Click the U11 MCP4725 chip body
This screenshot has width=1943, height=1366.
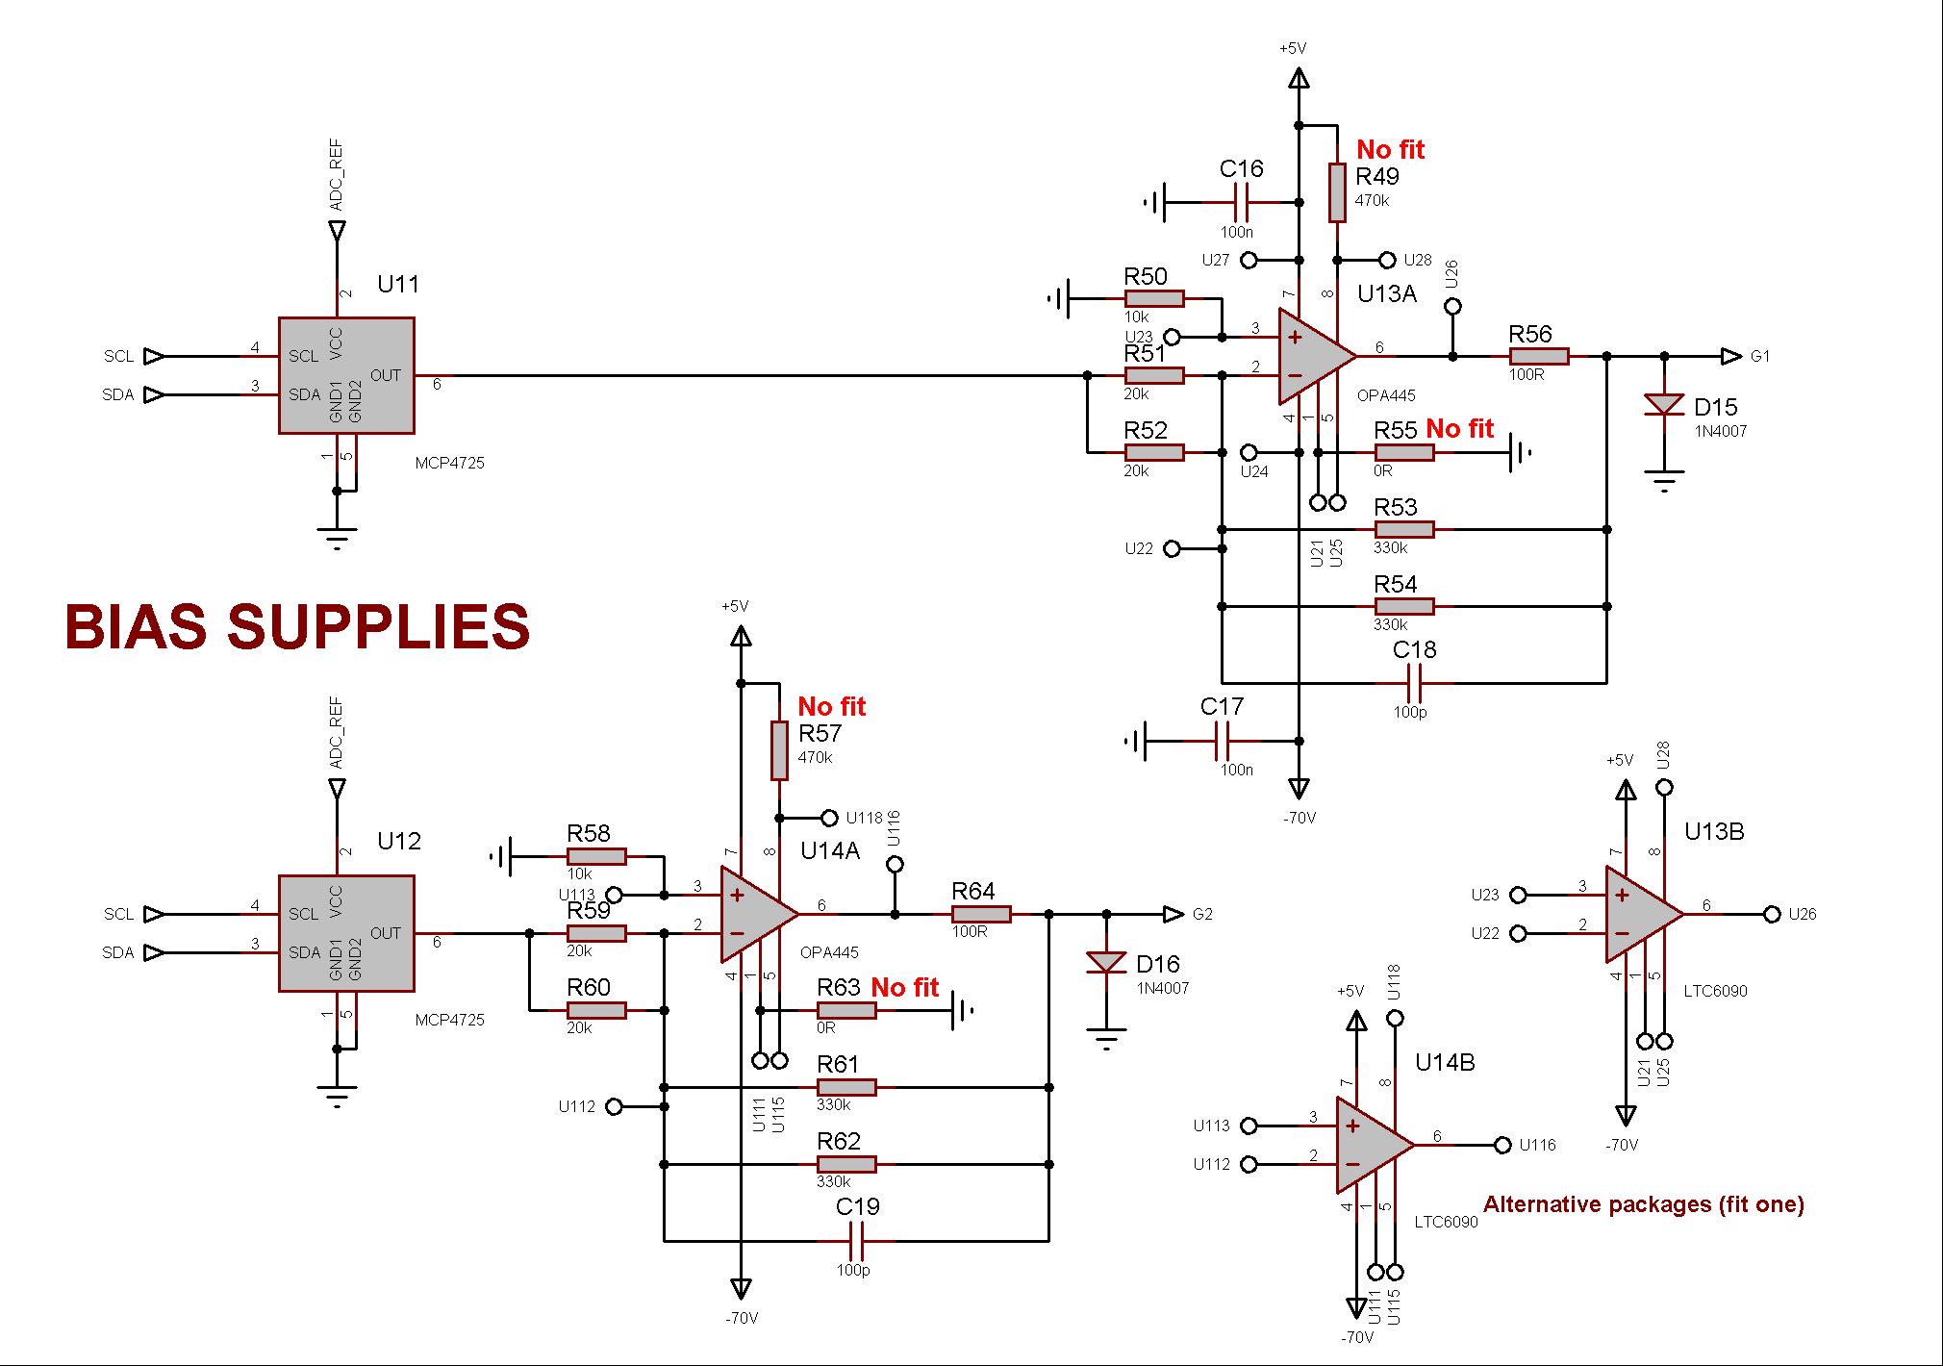click(x=346, y=375)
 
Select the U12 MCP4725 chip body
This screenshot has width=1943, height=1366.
click(x=346, y=933)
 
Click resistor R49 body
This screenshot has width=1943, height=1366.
click(x=1337, y=192)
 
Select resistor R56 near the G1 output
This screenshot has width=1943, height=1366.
click(x=1539, y=357)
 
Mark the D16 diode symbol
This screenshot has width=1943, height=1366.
click(x=1106, y=962)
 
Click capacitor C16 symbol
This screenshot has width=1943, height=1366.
click(x=1241, y=202)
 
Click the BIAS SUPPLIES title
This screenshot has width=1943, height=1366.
click(x=297, y=627)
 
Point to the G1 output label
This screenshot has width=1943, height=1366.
click(x=1759, y=357)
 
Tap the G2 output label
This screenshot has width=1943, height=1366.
click(x=1202, y=915)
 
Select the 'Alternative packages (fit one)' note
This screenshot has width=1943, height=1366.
click(x=1643, y=1204)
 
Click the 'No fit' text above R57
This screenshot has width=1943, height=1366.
click(x=831, y=707)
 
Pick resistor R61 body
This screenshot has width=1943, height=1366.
click(x=846, y=1087)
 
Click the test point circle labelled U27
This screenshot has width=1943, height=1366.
click(x=1249, y=260)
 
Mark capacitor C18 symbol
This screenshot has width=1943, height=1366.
click(x=1414, y=683)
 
